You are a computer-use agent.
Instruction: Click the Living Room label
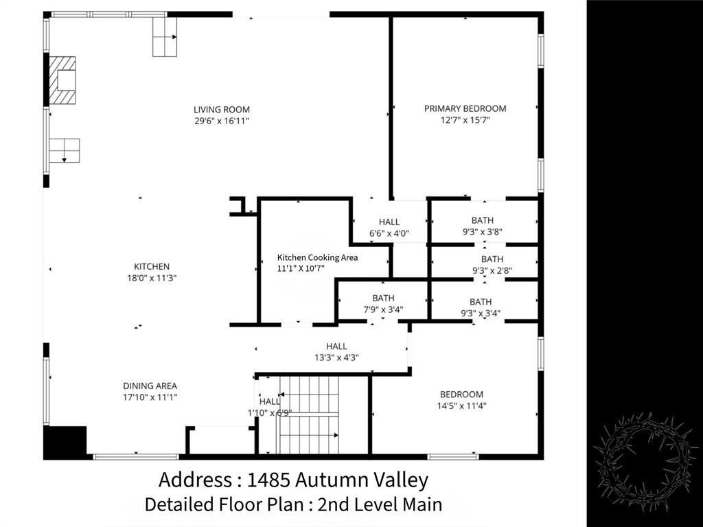[221, 110]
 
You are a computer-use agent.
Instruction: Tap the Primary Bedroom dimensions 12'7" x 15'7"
[465, 120]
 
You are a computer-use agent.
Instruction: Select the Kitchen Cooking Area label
[317, 257]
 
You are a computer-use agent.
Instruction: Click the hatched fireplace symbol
[64, 80]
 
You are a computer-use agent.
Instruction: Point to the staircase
[309, 414]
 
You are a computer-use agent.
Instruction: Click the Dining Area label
[150, 386]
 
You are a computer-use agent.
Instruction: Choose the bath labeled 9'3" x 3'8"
[482, 226]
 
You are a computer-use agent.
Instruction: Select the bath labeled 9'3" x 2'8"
[492, 264]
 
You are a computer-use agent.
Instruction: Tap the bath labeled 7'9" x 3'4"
[383, 303]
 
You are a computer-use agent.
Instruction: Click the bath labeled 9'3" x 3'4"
[481, 307]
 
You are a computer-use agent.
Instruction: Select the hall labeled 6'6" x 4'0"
[389, 227]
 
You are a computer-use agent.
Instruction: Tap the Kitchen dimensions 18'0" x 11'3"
[151, 278]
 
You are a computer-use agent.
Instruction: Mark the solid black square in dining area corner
[65, 442]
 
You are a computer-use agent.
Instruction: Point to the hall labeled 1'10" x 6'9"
[270, 407]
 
